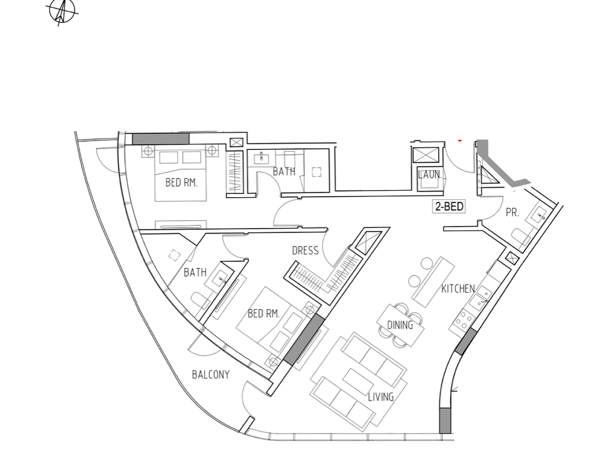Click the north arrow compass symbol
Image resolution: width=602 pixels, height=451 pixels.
(62, 12)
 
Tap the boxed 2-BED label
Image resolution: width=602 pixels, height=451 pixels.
(449, 206)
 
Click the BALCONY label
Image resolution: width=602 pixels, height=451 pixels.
(211, 375)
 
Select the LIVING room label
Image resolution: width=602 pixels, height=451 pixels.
(381, 397)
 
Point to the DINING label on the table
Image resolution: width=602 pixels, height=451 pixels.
(400, 325)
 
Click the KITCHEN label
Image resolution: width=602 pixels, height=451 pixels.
(458, 289)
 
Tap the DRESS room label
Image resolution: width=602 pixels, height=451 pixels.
(305, 251)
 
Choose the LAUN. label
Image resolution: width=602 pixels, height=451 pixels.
(430, 175)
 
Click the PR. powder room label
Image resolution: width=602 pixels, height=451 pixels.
(512, 212)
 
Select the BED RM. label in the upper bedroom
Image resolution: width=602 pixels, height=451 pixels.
(181, 183)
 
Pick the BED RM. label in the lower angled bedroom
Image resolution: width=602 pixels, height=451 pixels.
(263, 314)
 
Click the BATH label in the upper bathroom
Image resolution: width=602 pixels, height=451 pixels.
(284, 171)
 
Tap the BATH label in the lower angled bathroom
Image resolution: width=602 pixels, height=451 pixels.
(195, 273)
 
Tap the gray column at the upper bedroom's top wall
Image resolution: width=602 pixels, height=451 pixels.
(161, 139)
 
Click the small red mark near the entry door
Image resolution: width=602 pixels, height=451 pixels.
(460, 141)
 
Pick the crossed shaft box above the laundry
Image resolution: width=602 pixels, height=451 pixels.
(425, 155)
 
